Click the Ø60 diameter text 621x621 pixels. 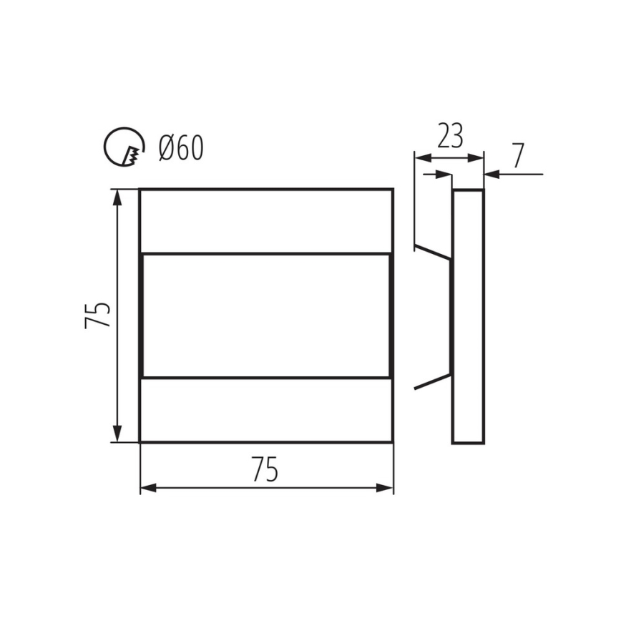click(x=181, y=148)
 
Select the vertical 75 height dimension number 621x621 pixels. click(x=99, y=315)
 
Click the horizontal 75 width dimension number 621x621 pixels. click(x=265, y=469)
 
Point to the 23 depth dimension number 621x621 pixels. click(x=449, y=135)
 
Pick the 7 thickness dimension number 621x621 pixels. click(x=518, y=155)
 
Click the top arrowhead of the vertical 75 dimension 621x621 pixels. click(x=118, y=197)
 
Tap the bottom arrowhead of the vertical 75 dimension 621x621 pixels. click(x=118, y=434)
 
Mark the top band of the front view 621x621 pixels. click(x=266, y=220)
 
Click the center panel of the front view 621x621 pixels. click(x=266, y=315)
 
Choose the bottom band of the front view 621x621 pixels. click(x=266, y=410)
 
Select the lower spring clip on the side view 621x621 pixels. click(x=433, y=381)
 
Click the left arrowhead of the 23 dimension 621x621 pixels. click(x=422, y=157)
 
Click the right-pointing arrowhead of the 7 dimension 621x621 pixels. click(x=445, y=173)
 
